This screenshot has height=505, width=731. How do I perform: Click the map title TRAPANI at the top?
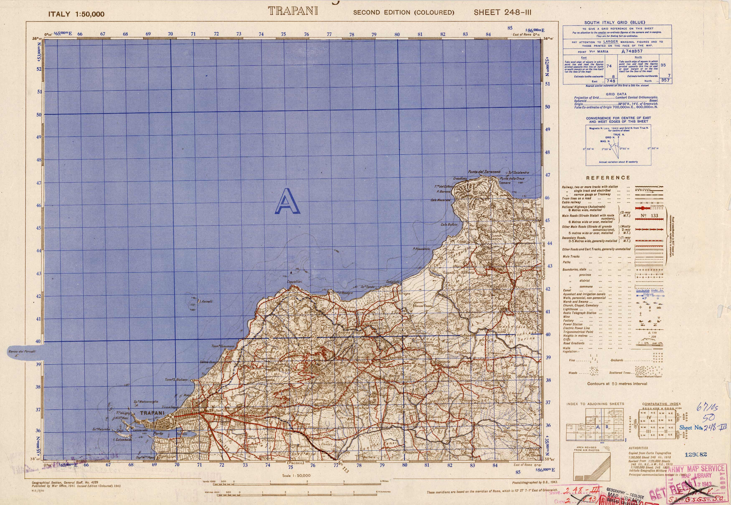[293, 11]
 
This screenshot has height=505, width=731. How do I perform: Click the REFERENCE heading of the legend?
[608, 178]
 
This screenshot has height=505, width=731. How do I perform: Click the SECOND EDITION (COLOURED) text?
[404, 13]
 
